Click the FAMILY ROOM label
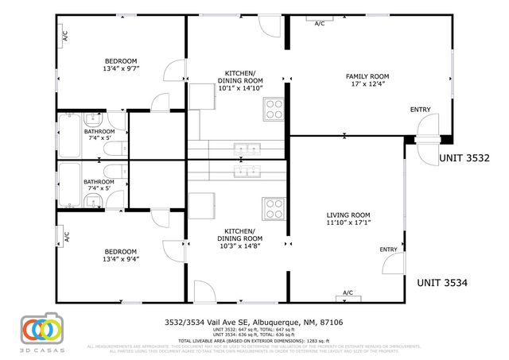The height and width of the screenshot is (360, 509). pos(363,77)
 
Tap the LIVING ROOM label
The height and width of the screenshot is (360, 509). pos(348,215)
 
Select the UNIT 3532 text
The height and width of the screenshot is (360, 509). pos(464,158)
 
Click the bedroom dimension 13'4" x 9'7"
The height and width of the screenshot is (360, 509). pos(121,70)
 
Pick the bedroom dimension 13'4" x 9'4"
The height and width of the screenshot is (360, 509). pos(121,259)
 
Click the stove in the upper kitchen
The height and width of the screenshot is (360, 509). pos(274,108)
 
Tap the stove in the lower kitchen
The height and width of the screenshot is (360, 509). pos(274,208)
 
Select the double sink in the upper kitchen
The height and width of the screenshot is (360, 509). pos(247,147)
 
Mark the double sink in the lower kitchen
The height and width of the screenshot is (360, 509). pos(247,170)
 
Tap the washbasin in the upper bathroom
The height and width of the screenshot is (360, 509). pos(93,121)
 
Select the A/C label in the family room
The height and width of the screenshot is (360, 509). pos(320,24)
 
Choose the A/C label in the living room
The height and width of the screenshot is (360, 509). pos(348,293)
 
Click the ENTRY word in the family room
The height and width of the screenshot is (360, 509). pos(419,110)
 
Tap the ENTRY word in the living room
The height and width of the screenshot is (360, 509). pos(388,250)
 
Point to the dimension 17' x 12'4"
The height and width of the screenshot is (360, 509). pos(363,85)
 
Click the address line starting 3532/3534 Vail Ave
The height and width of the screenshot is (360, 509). pos(254,322)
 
